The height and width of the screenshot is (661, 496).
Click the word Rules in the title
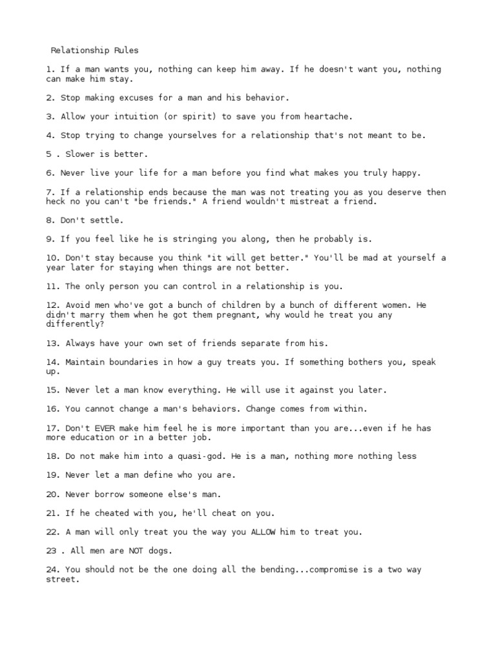[126, 50]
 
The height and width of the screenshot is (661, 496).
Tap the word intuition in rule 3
[123, 117]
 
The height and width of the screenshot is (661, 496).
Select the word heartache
[311, 117]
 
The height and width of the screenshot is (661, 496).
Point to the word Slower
[74, 154]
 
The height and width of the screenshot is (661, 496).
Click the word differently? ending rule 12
[74, 324]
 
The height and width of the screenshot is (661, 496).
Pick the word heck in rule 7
[55, 201]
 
